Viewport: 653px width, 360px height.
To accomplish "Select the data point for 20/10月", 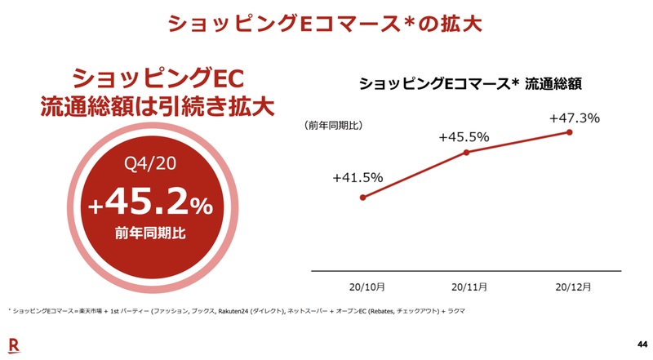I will pos(362,197).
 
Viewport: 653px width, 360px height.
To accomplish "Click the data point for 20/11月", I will pos(466,153).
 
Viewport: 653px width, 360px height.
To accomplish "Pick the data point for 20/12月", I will pos(569,132).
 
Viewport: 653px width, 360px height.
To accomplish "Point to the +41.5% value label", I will pos(358,178).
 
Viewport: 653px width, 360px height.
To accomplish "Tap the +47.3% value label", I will pos(574,118).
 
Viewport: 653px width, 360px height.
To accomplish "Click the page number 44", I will pos(639,343).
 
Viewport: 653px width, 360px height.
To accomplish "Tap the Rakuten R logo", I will pos(14,343).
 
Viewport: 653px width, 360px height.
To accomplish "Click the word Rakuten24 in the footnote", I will pos(237,312).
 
